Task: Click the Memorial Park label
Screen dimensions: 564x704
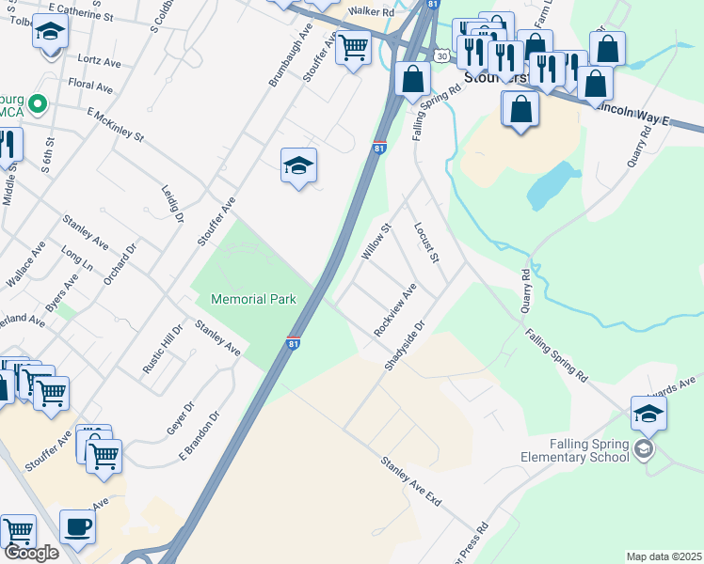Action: click(253, 299)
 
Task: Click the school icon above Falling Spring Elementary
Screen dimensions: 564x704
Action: click(648, 415)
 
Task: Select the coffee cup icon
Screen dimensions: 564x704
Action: click(77, 528)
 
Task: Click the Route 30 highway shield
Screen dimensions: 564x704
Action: click(441, 57)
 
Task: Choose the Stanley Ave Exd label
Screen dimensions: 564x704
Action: click(411, 481)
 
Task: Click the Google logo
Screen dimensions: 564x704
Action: click(30, 553)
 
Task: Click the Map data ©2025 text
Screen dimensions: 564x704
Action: click(664, 556)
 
